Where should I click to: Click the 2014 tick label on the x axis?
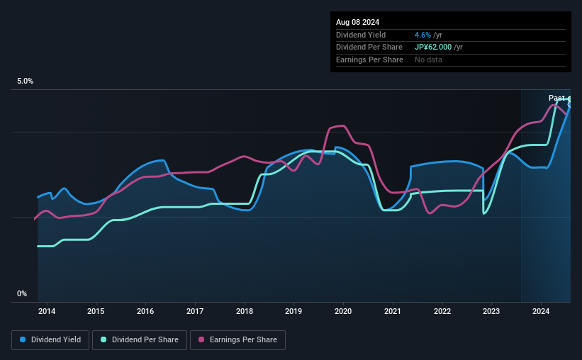coord(47,310)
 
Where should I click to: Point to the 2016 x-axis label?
coord(145,310)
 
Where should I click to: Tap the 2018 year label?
coord(245,310)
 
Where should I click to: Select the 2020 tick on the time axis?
coord(343,310)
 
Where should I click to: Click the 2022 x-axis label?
coord(442,310)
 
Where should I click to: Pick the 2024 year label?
coord(541,310)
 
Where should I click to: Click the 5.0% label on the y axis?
coord(25,81)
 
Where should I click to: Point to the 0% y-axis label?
coord(22,293)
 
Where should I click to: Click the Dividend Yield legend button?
coord(50,340)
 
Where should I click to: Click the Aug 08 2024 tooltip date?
coord(359,21)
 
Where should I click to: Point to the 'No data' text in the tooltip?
coord(429,60)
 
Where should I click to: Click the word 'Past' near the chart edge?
coord(556,98)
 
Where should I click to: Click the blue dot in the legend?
coord(23,340)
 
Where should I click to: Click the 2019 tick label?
coord(293,310)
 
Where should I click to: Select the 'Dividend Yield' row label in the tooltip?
coord(362,35)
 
